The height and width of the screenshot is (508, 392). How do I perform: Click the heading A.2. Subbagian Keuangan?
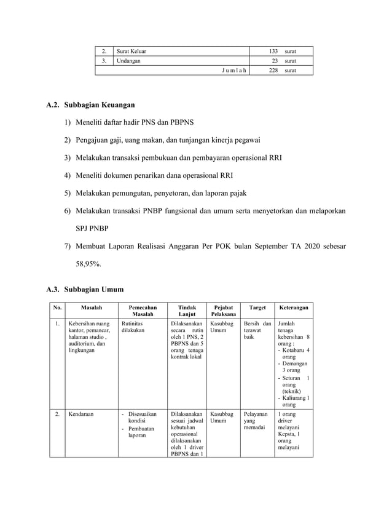tap(90, 105)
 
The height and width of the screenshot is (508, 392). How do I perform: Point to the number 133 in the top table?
tap(273, 51)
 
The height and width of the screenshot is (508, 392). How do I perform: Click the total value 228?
tap(273, 71)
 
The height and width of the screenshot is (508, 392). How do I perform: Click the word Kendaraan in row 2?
tap(81, 415)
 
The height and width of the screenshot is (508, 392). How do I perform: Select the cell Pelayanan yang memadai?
tap(256, 421)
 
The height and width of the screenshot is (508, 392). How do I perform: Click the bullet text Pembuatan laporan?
tap(142, 432)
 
